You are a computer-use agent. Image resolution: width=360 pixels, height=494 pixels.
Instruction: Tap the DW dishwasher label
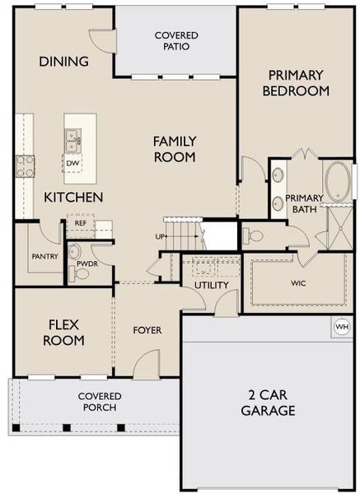(72, 163)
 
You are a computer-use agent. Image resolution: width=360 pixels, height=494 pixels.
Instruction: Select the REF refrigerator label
(81, 222)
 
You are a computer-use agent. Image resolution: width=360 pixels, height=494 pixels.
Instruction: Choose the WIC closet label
(297, 282)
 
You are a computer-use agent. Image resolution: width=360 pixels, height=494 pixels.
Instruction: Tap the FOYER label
(147, 330)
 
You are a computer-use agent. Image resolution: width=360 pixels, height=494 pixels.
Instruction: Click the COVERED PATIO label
(175, 40)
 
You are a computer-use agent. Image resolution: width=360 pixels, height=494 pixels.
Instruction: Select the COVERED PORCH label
(99, 402)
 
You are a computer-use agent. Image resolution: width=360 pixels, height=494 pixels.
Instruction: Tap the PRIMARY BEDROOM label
(296, 82)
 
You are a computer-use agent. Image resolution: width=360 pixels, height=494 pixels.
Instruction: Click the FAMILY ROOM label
(174, 148)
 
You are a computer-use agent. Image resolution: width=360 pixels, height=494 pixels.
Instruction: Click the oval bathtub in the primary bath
(338, 180)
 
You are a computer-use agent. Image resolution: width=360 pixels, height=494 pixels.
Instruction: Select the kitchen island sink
(72, 141)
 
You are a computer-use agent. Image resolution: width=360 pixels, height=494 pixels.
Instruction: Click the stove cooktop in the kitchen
(24, 165)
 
